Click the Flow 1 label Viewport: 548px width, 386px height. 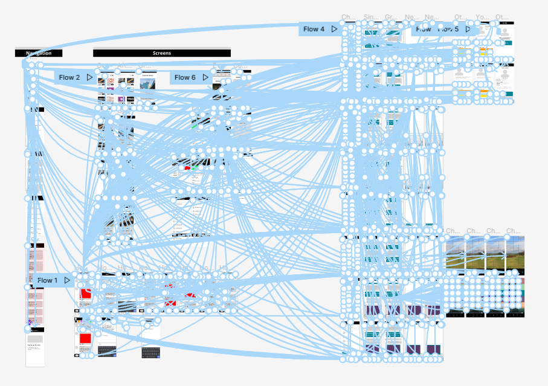[x=48, y=280]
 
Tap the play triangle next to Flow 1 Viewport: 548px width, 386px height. [x=68, y=280]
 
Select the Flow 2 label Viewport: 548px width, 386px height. [x=69, y=77]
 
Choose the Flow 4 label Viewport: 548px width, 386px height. [x=314, y=29]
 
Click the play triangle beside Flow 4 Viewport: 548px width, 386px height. [x=334, y=29]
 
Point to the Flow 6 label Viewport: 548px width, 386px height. [x=185, y=77]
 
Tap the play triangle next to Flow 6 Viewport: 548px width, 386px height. [x=205, y=77]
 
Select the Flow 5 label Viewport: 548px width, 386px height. [x=448, y=29]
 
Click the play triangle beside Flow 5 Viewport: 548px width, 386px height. [x=468, y=29]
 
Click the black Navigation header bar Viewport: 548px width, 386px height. [x=39, y=53]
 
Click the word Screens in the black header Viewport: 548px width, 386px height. [x=162, y=53]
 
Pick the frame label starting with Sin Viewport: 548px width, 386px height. [x=369, y=17]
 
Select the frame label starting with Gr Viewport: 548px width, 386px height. [x=390, y=17]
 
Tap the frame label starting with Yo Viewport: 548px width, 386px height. [x=481, y=17]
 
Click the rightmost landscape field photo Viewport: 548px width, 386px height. [x=514, y=254]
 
